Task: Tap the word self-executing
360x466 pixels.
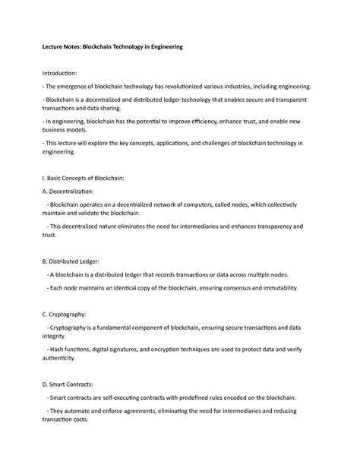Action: point(118,398)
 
